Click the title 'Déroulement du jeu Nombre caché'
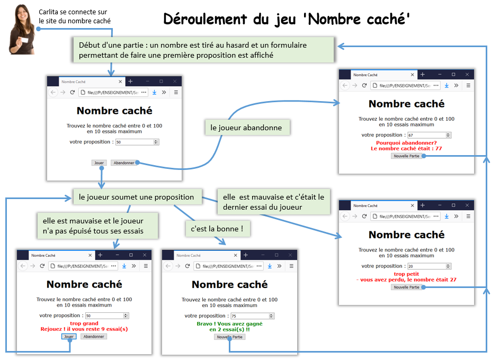pos(287,19)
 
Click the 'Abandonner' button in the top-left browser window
pos(124,163)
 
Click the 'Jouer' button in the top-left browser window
pos(99,163)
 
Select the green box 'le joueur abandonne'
pos(247,128)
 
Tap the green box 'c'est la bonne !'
pos(217,229)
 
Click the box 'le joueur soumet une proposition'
pos(137,197)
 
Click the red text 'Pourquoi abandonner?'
pos(406,143)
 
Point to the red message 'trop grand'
pos(84,323)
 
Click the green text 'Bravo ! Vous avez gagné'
pos(229,323)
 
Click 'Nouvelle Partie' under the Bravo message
pos(229,337)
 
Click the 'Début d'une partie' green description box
pos(203,50)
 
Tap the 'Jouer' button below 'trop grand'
pos(68,336)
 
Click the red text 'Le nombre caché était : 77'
pos(406,149)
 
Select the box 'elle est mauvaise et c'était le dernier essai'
pos(274,202)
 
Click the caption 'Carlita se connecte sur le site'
pos(75,16)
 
